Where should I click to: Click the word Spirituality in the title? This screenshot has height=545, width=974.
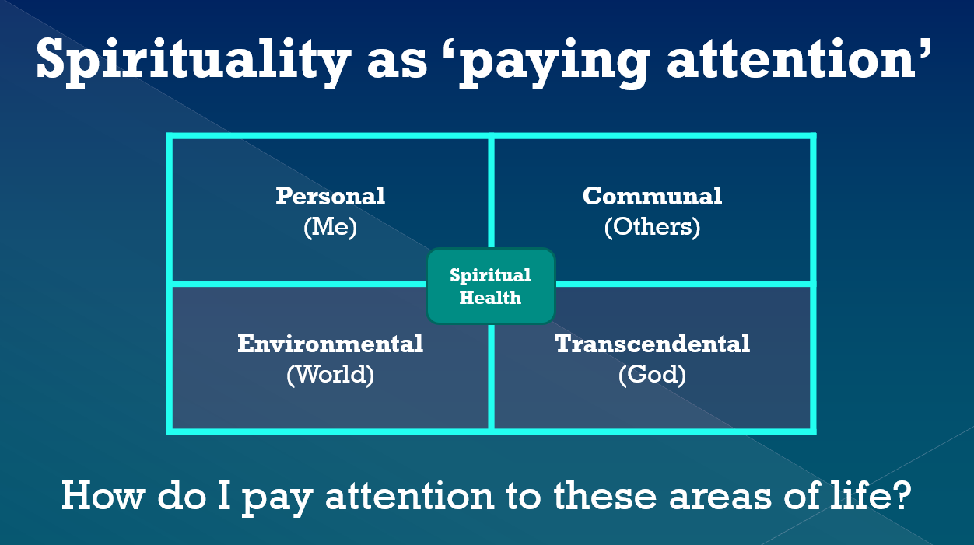tap(193, 61)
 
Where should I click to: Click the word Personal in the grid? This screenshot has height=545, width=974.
tap(330, 196)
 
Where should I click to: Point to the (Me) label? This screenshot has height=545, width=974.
tap(330, 227)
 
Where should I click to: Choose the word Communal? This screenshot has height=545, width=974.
tap(652, 196)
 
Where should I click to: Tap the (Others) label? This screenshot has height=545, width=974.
tap(652, 227)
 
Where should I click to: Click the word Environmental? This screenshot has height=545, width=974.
tap(330, 344)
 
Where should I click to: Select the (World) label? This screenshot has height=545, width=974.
tap(330, 375)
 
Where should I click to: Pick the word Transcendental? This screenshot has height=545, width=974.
tap(652, 344)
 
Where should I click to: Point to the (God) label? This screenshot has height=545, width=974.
tap(652, 375)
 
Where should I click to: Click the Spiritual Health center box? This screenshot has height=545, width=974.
tap(490, 286)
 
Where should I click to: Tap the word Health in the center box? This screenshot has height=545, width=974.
tap(490, 298)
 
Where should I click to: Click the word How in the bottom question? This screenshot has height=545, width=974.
tap(102, 495)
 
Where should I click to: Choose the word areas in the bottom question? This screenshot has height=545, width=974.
tap(720, 498)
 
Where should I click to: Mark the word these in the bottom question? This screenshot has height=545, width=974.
tap(604, 495)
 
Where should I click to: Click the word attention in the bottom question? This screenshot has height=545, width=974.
tap(410, 495)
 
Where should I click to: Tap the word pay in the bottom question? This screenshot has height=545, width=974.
tap(277, 501)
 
